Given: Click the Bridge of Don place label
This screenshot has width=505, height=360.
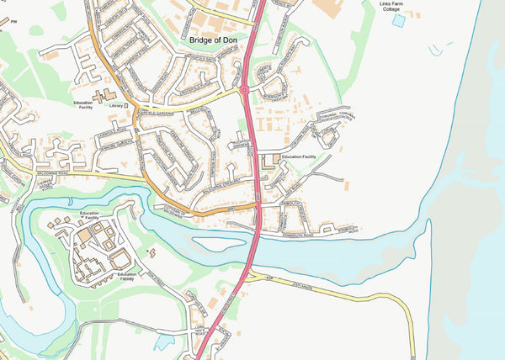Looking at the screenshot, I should pyautogui.click(x=215, y=39).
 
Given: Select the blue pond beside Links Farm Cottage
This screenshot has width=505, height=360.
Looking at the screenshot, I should pyautogui.click(x=397, y=21).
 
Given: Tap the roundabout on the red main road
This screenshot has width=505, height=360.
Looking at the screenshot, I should pyautogui.click(x=243, y=87).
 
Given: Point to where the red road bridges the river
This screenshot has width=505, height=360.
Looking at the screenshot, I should pyautogui.click(x=252, y=252).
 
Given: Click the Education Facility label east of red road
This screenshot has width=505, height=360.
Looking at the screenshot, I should pyautogui.click(x=299, y=157).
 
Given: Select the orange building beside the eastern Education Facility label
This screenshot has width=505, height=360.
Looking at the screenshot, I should pyautogui.click(x=271, y=160).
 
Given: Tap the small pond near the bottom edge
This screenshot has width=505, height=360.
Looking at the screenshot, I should pyautogui.click(x=165, y=342).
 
